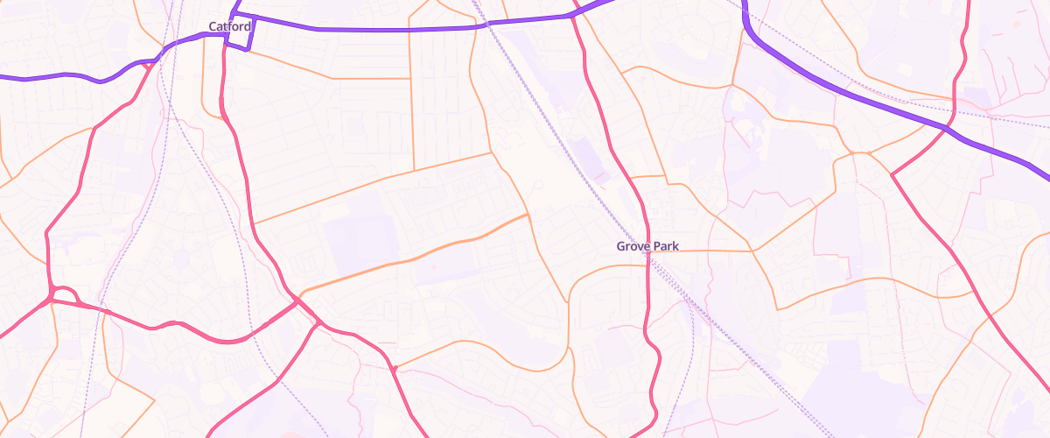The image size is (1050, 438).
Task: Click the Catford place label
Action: [x=230, y=26]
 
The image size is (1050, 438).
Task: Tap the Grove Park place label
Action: [x=647, y=246]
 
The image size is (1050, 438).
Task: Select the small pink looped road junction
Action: [x=63, y=294]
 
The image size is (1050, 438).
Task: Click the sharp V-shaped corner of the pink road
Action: [x=892, y=174]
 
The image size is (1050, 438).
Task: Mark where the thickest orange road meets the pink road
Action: [x=298, y=298]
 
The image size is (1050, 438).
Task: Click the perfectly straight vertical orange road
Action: [x=410, y=123]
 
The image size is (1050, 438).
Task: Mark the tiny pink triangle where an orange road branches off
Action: [x=395, y=368]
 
